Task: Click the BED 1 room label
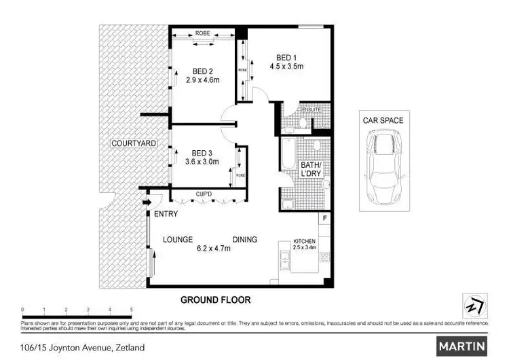286,57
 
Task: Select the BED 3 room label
203,152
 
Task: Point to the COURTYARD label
134,143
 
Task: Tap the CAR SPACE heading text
383,120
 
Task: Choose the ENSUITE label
312,110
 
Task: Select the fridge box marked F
325,219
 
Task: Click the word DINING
245,239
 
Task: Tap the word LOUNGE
178,239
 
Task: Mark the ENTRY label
166,214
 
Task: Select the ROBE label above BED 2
202,33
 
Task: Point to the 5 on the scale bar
131,309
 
